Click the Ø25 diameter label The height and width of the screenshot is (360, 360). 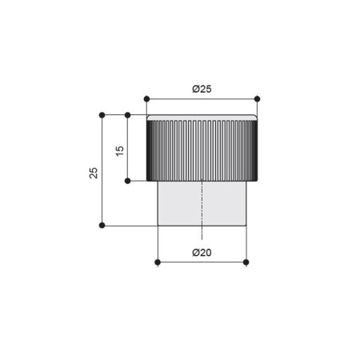202,89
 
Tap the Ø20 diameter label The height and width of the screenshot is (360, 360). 202,252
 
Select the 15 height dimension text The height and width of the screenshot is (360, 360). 120,151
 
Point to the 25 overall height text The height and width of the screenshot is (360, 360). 94,173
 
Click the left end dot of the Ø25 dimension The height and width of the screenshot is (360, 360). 146,99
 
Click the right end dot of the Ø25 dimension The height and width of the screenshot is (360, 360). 257,99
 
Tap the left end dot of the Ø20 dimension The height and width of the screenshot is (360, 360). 158,262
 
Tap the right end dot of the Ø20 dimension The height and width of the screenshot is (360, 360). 246,262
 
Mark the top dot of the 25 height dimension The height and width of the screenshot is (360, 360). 102,115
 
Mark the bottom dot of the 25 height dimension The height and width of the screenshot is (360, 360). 102,226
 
